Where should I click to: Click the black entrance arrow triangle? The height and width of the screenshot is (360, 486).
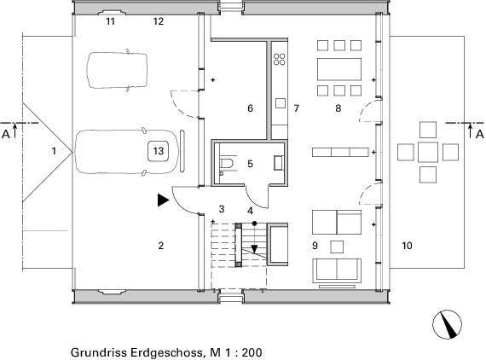pyautogui.click(x=162, y=200)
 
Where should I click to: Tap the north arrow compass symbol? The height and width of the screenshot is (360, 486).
pyautogui.click(x=447, y=324)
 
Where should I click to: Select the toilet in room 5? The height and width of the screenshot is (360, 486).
pyautogui.click(x=227, y=164)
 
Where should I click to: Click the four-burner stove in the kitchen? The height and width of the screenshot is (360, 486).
pyautogui.click(x=280, y=59)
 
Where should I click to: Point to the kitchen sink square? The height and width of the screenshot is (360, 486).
pyautogui.click(x=281, y=103)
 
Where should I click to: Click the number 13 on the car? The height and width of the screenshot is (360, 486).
pyautogui.click(x=158, y=151)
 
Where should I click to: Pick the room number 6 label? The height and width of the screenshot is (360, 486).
pyautogui.click(x=250, y=108)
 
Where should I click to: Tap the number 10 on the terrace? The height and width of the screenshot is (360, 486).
pyautogui.click(x=407, y=246)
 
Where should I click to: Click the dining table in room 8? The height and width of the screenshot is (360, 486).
pyautogui.click(x=339, y=69)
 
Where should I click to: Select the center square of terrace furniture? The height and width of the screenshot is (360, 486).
pyautogui.click(x=428, y=152)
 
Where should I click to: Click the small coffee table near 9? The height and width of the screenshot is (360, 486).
pyautogui.click(x=337, y=247)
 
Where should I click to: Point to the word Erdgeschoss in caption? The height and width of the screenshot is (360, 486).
pyautogui.click(x=165, y=352)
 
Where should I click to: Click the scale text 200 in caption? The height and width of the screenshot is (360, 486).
pyautogui.click(x=252, y=352)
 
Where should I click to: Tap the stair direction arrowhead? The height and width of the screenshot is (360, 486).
pyautogui.click(x=254, y=249)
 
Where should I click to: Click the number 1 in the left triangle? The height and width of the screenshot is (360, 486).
pyautogui.click(x=55, y=151)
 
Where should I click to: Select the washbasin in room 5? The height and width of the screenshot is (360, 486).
pyautogui.click(x=278, y=163)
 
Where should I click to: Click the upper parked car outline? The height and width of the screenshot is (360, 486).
pyautogui.click(x=117, y=71)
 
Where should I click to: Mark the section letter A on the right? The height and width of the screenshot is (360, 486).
pyautogui.click(x=479, y=134)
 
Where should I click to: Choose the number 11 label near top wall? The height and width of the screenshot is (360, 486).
pyautogui.click(x=110, y=21)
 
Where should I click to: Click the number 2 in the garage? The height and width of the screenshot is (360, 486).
pyautogui.click(x=160, y=246)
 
